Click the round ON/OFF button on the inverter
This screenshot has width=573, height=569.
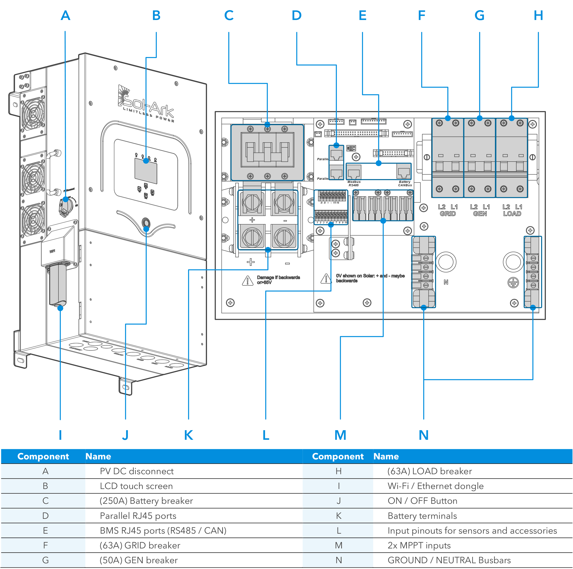[146, 222]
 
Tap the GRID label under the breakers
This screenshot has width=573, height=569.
[448, 213]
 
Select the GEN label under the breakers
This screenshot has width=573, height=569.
[480, 213]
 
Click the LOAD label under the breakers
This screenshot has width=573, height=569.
[512, 213]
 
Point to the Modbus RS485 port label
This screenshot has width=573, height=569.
[354, 184]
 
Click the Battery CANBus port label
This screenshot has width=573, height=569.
[405, 184]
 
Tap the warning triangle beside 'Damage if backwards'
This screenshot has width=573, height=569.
[248, 280]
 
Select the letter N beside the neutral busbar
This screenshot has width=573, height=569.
[446, 282]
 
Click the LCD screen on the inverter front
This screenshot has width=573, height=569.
[146, 171]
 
